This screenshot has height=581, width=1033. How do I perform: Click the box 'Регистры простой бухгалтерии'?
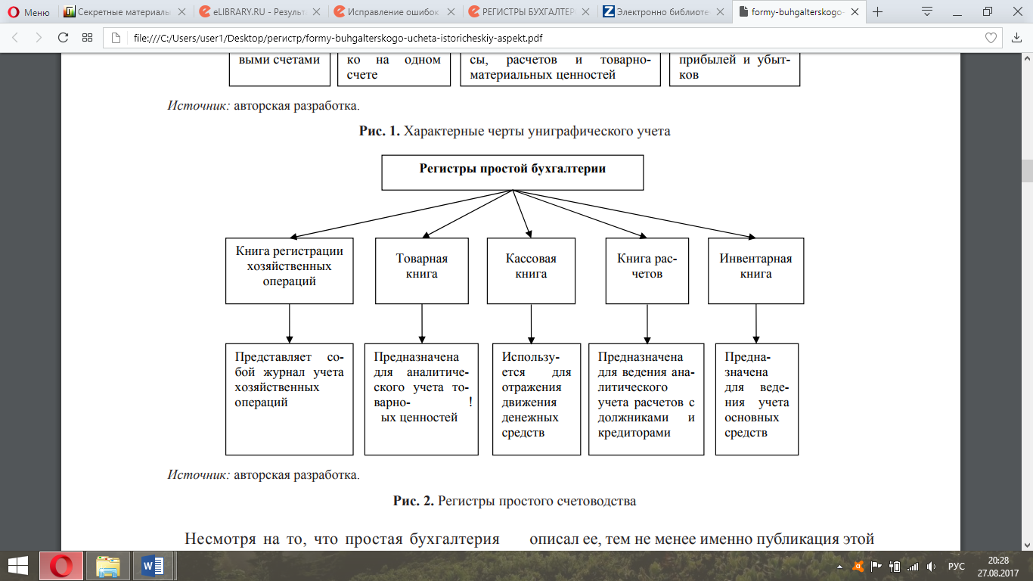(x=512, y=172)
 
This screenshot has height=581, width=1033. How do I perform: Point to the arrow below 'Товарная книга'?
(x=421, y=324)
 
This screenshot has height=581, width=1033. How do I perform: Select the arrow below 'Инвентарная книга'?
(x=755, y=324)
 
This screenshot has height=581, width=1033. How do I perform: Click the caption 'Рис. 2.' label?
(x=413, y=501)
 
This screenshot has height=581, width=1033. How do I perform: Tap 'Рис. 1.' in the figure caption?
(x=379, y=131)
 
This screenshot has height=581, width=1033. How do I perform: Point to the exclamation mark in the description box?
(x=470, y=402)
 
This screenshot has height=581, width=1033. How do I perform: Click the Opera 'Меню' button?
(x=29, y=12)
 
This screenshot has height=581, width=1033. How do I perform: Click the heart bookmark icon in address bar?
(x=991, y=38)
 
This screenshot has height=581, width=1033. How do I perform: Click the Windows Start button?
(x=18, y=565)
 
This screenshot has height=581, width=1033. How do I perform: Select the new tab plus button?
(x=878, y=12)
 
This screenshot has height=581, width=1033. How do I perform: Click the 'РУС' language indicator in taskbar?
(x=956, y=566)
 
